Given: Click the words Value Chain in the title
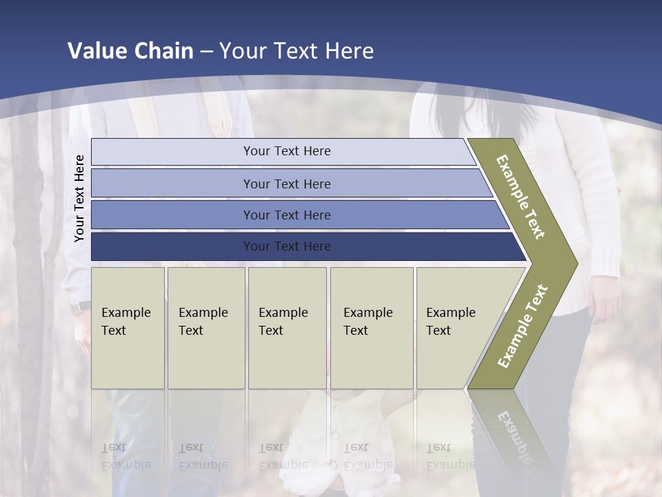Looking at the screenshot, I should [130, 51].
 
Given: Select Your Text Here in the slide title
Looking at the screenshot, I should [297, 51].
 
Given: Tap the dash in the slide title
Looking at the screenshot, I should [206, 52].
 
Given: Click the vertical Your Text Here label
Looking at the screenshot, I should [79, 198].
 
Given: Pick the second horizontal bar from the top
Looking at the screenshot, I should [286, 184].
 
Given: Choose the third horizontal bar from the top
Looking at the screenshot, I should [286, 215].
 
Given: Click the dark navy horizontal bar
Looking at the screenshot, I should [286, 246].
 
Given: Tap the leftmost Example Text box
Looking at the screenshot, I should [128, 327].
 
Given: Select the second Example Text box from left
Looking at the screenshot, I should [205, 327].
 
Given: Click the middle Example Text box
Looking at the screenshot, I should [287, 327].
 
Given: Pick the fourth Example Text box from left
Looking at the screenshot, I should [371, 327].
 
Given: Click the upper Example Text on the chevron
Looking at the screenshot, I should [521, 197].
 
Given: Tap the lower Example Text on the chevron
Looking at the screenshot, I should [522, 327].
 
